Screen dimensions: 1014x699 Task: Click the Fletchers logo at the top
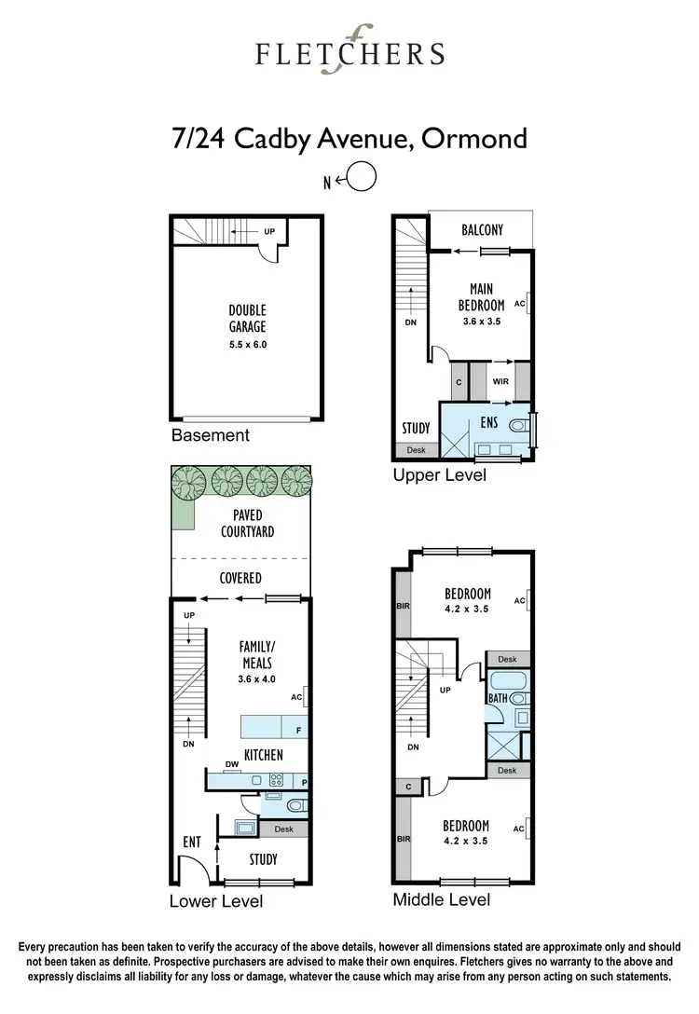tap(349, 50)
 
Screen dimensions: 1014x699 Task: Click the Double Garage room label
tap(248, 319)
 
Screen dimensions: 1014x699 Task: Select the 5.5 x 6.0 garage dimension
tap(248, 345)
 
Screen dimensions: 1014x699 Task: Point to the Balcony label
tap(483, 230)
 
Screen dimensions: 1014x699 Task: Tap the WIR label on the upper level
tap(500, 381)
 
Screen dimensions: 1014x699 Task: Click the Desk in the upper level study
tap(415, 450)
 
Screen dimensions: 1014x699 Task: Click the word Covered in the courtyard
tap(240, 578)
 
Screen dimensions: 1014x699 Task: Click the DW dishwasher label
tap(233, 764)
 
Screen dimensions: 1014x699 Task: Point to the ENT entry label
tap(192, 843)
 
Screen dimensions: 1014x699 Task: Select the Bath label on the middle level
tap(499, 696)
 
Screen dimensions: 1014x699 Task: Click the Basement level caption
tap(210, 435)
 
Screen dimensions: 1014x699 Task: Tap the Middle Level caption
tap(441, 899)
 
